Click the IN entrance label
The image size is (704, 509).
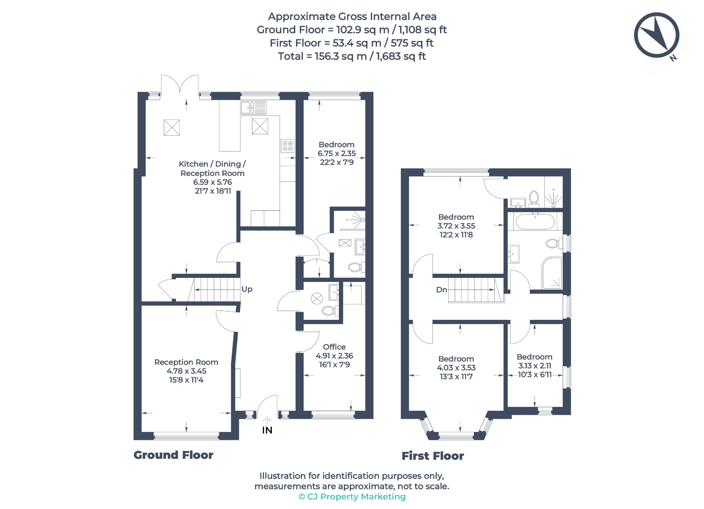267,430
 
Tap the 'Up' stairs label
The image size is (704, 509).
247,289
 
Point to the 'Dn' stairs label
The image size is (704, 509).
442,290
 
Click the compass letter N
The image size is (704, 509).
673,58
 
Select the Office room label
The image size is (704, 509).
334,347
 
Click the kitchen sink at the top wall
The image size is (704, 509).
253,108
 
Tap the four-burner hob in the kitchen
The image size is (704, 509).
287,146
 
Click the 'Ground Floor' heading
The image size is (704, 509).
173,455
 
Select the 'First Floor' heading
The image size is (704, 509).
433,456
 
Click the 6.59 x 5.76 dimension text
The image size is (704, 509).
212,182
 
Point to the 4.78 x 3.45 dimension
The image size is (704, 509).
186,371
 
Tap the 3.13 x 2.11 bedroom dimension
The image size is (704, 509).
535,366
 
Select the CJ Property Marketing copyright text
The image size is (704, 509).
352,497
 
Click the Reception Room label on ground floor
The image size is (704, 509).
186,362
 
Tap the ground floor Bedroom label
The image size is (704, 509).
336,144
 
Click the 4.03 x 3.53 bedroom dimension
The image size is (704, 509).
456,368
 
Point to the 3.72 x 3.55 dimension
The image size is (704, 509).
456,226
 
